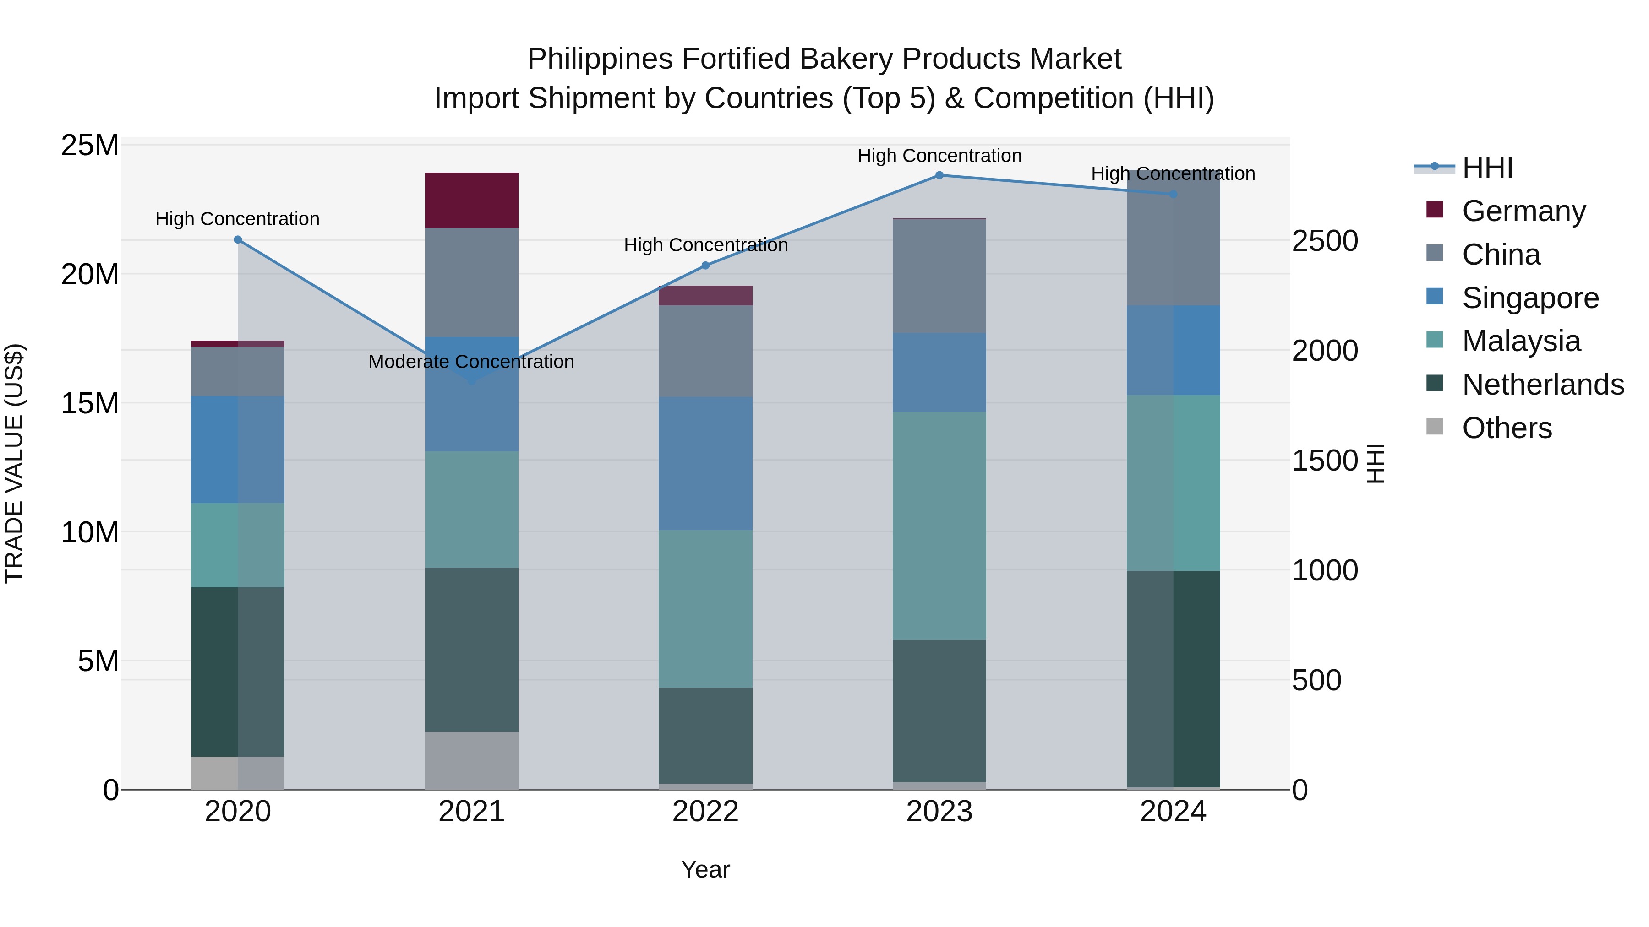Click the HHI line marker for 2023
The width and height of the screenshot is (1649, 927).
coord(939,175)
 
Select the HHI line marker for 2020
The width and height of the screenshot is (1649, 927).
coord(237,240)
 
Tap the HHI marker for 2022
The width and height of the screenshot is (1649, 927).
coord(705,266)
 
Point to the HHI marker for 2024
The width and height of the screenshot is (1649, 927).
coord(1173,195)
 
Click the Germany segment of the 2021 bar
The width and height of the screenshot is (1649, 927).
coord(471,200)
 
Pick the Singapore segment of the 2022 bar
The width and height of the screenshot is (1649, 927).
coord(705,463)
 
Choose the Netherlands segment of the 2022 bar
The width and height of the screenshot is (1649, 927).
coord(705,735)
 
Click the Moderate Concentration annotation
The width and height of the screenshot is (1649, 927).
coord(471,362)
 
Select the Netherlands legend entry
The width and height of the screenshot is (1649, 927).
coord(1543,385)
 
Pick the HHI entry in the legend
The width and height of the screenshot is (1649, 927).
coord(1487,168)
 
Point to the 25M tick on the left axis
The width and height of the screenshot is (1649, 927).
coord(90,146)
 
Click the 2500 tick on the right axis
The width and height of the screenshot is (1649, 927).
coord(1324,241)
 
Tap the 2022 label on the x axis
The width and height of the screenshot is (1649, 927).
coord(705,812)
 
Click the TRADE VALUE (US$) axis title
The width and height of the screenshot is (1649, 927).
coord(15,463)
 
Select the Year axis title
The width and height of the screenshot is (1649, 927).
coord(705,869)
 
